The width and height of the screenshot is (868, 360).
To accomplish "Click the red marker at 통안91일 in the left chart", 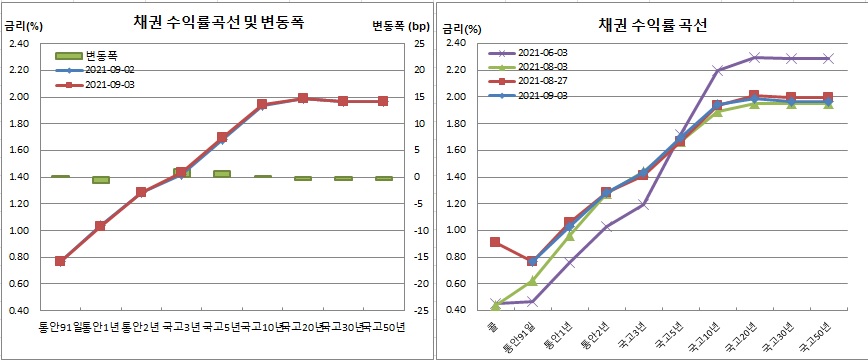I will point(60,261).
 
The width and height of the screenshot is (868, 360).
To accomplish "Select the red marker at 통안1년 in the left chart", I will point(100,226).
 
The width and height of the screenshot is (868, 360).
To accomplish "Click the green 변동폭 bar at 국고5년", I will point(222,174).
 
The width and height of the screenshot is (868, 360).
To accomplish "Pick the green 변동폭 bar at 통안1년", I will point(100,180).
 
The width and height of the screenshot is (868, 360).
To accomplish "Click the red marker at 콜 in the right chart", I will point(495,242).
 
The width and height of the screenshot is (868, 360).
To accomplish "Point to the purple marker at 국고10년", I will point(717,70).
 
